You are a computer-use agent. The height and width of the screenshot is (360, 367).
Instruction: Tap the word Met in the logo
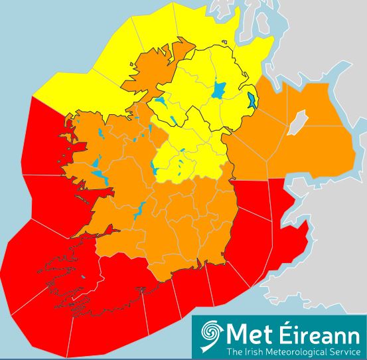click(x=247, y=333)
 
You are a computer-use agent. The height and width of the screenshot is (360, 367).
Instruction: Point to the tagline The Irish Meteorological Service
click(x=293, y=351)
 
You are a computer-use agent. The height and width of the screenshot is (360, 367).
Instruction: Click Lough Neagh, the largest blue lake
click(x=218, y=89)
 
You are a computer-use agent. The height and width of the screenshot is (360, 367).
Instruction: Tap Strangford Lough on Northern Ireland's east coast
click(x=252, y=101)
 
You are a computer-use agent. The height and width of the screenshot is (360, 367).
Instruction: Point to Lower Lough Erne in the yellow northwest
click(x=161, y=103)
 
